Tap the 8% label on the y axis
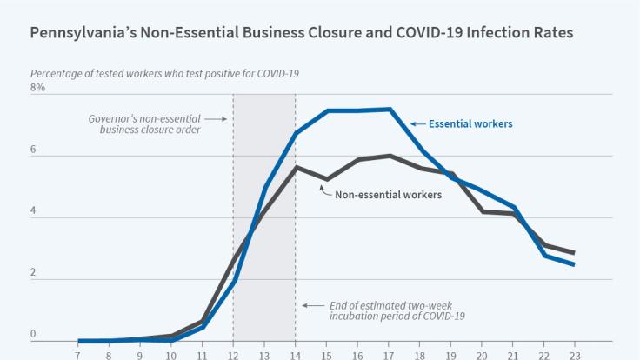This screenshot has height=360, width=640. pyautogui.click(x=37, y=89)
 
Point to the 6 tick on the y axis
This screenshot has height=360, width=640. pyautogui.click(x=34, y=150)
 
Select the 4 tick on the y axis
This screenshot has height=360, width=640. pyautogui.click(x=34, y=212)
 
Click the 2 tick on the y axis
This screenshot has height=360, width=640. pyautogui.click(x=34, y=274)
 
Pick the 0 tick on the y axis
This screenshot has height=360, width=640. pyautogui.click(x=34, y=335)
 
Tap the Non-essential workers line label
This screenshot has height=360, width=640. pyautogui.click(x=389, y=195)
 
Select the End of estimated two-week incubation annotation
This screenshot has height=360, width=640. pyautogui.click(x=397, y=310)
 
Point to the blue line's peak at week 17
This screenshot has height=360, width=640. pyautogui.click(x=390, y=110)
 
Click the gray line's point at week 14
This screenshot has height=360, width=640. pyautogui.click(x=296, y=167)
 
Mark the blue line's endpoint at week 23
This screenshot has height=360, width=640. pyautogui.click(x=574, y=264)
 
